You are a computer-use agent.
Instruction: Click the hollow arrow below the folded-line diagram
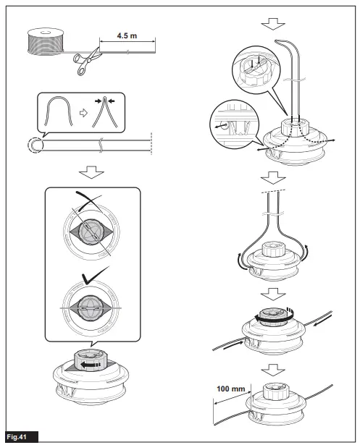tap(91, 173)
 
